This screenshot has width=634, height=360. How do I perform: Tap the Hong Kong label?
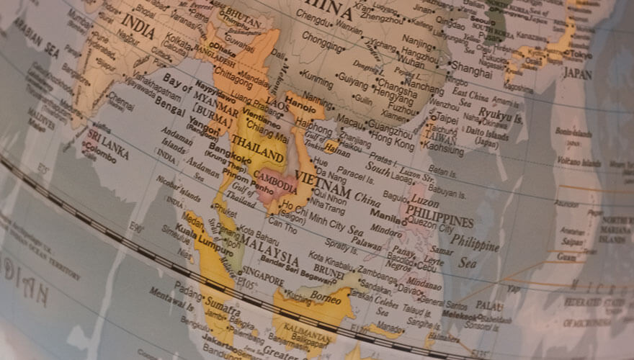pos(393,143)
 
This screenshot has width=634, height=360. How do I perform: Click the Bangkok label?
pos(229,154)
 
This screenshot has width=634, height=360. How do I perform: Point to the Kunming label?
pos(316,75)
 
